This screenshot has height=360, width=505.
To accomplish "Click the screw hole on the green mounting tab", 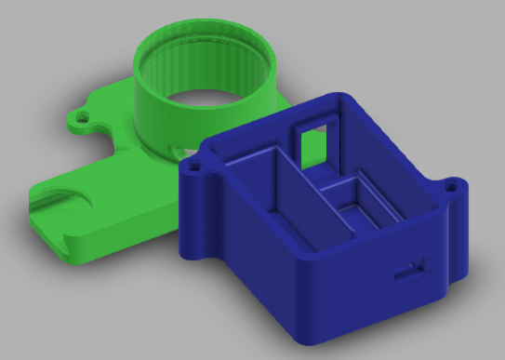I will (x=83, y=118).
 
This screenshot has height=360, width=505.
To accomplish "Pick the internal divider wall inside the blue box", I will (x=299, y=191).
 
